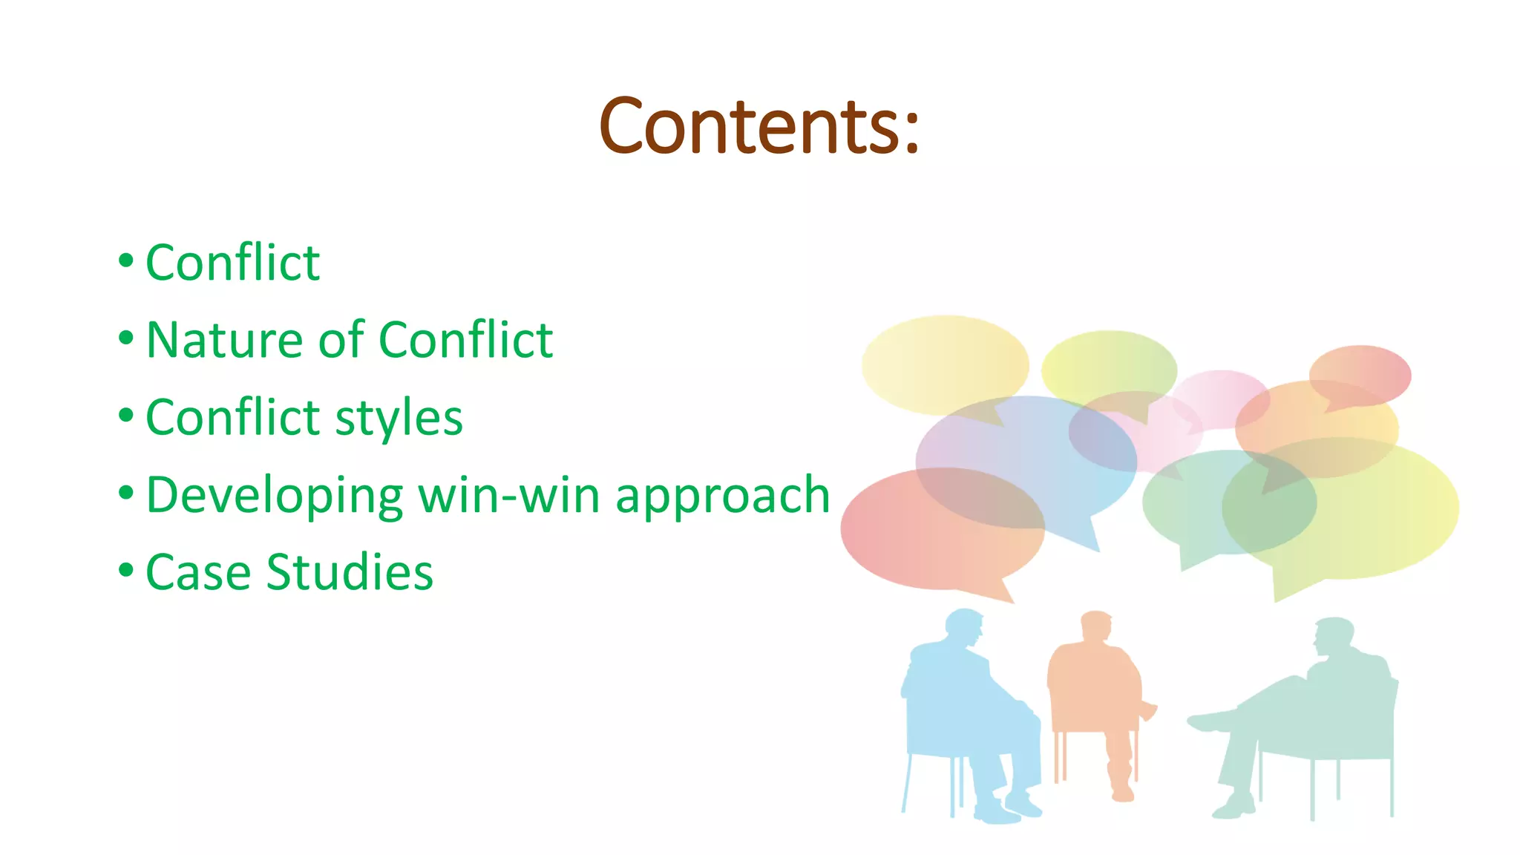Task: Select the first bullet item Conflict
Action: point(232,263)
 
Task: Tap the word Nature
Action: point(223,340)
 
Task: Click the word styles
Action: point(399,418)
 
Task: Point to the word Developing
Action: point(274,495)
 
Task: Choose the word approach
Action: point(722,495)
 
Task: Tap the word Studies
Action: point(350,572)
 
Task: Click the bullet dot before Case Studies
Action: point(126,570)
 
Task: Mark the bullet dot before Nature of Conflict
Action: point(126,338)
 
